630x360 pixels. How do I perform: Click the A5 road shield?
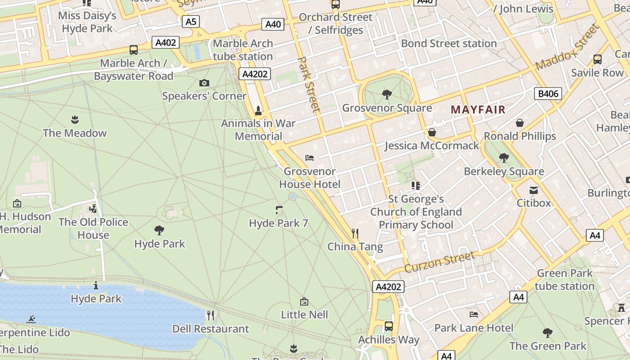click(x=191, y=21)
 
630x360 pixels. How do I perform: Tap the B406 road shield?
click(x=548, y=94)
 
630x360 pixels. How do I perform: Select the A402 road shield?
click(x=166, y=42)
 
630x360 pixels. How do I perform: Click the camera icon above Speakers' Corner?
click(x=204, y=83)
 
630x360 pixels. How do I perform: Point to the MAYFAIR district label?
click(x=478, y=109)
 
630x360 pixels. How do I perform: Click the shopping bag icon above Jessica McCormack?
click(x=432, y=132)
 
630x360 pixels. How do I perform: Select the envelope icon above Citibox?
click(x=534, y=190)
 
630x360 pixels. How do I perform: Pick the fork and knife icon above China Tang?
click(x=355, y=233)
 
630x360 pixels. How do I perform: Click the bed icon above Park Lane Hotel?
click(x=474, y=315)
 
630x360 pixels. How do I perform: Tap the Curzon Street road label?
click(x=440, y=262)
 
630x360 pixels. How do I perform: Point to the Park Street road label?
click(x=310, y=84)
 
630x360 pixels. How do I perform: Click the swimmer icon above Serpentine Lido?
click(x=31, y=319)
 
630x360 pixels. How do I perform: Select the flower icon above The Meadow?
click(x=75, y=120)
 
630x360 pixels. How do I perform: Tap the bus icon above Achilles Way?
click(x=389, y=326)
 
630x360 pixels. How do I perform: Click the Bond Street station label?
click(x=449, y=44)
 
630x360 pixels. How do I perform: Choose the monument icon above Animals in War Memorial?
click(x=258, y=110)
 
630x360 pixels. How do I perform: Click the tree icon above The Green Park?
click(x=548, y=333)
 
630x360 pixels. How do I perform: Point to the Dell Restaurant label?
click(x=211, y=329)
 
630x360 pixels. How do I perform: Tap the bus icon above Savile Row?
click(x=598, y=59)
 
